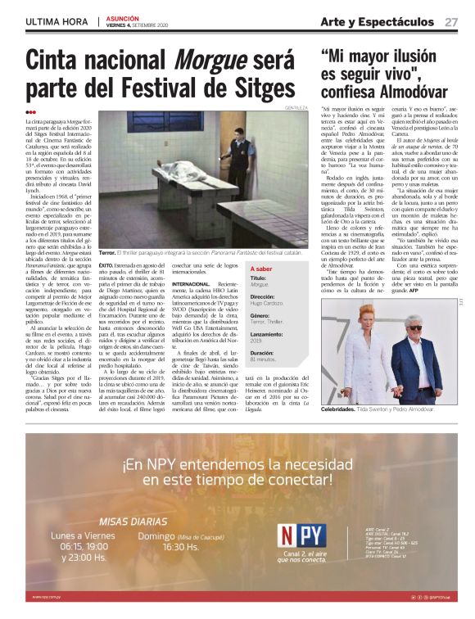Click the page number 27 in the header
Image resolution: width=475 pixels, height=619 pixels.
click(451, 22)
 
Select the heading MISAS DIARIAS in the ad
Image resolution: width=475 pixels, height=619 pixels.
click(133, 522)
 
